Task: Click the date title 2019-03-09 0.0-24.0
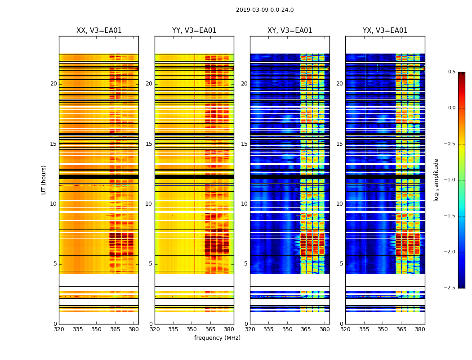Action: click(x=265, y=10)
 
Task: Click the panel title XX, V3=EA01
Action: click(x=99, y=31)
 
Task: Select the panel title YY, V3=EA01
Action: click(x=194, y=31)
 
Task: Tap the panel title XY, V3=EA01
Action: click(x=289, y=31)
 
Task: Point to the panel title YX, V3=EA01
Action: click(x=385, y=31)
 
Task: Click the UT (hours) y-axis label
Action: click(x=44, y=180)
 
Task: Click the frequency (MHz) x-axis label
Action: click(x=217, y=338)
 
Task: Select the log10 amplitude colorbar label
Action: click(x=436, y=180)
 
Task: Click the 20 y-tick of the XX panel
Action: click(x=53, y=84)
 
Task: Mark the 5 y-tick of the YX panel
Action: click(x=341, y=264)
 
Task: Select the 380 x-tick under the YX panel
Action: click(x=420, y=329)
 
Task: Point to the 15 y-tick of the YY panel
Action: click(x=149, y=144)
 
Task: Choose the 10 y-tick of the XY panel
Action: click(x=244, y=204)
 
